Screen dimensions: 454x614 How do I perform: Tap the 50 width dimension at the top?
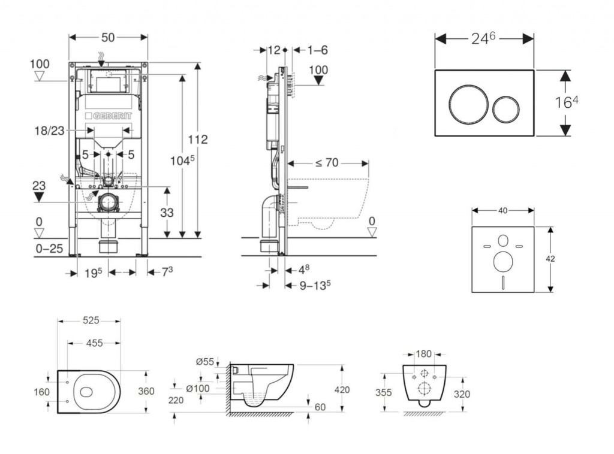(108, 37)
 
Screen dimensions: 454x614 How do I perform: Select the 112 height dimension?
(197, 139)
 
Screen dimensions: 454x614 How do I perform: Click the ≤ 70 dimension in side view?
(327, 162)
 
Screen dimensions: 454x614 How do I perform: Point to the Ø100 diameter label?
(197, 388)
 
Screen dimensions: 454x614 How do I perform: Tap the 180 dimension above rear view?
(425, 354)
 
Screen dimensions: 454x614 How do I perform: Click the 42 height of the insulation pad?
(550, 259)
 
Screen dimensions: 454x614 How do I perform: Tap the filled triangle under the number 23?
(39, 196)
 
